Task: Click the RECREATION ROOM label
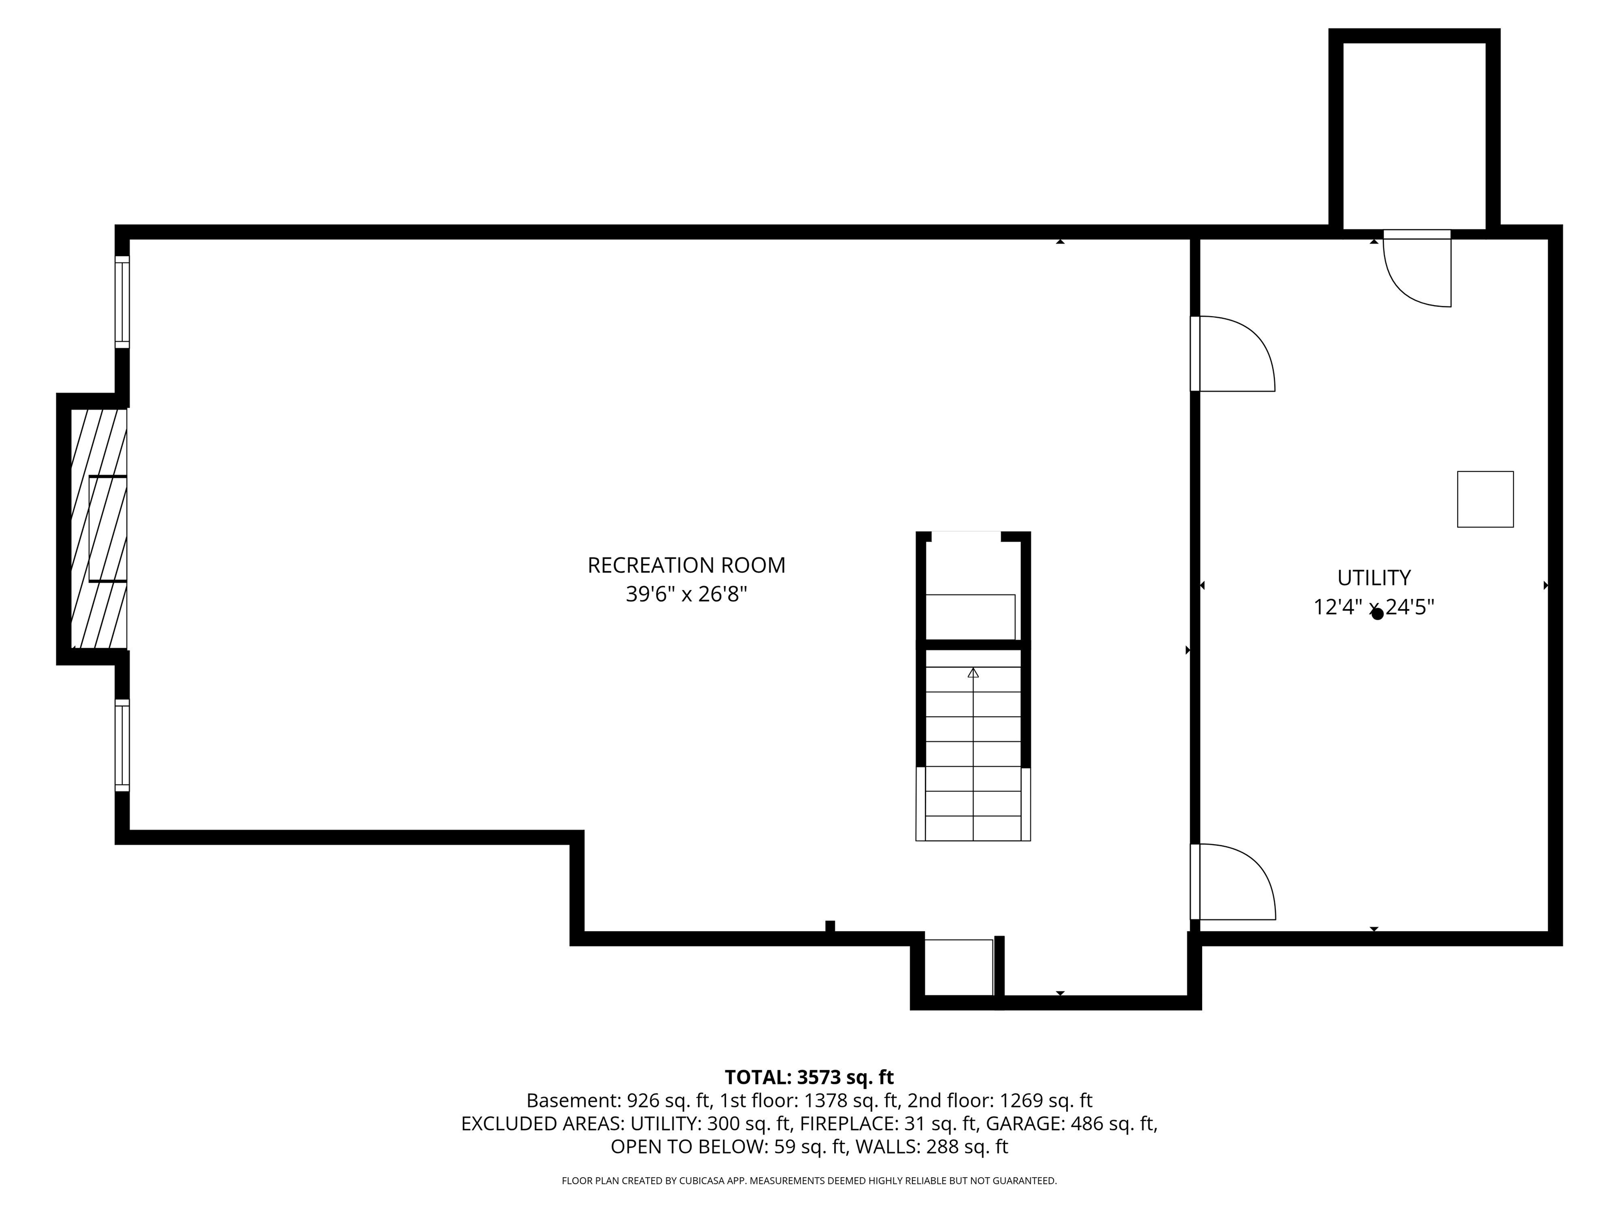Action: click(686, 565)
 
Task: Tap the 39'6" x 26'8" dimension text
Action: click(686, 594)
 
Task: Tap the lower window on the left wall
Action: click(122, 746)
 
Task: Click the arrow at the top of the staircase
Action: click(973, 672)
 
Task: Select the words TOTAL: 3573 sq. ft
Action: click(809, 1077)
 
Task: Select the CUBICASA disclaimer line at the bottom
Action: click(809, 1180)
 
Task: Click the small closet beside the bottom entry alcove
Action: click(958, 967)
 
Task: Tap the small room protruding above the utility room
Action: click(1414, 135)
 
